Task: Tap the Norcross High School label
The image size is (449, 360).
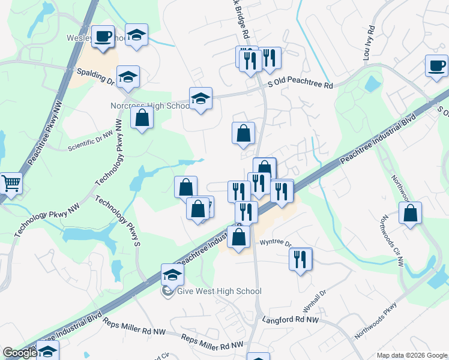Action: (150, 106)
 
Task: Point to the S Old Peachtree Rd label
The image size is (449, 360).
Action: (300, 86)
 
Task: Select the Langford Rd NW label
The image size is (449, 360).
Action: (288, 320)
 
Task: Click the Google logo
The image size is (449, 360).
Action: (19, 353)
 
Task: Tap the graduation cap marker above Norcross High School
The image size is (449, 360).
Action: (200, 98)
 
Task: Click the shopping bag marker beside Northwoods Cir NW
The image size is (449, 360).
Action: (410, 213)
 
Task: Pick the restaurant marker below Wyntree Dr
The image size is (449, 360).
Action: (300, 259)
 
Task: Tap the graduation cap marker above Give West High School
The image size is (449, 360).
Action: (172, 275)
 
